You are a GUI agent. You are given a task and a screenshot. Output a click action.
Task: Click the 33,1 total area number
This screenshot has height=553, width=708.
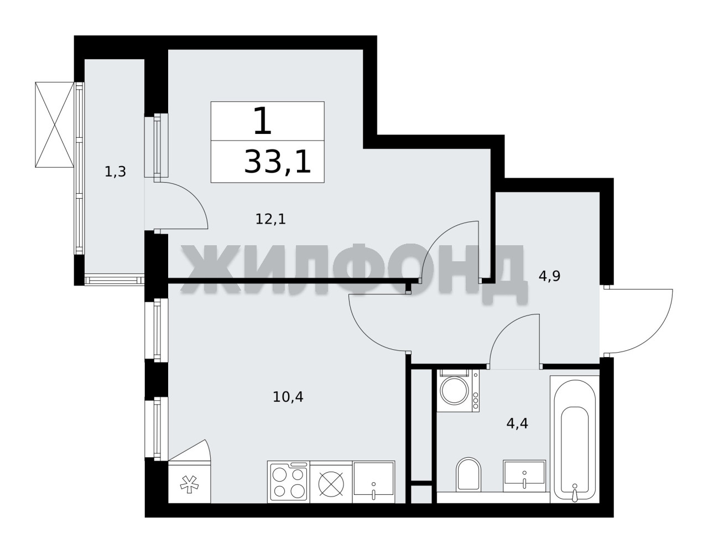(278, 162)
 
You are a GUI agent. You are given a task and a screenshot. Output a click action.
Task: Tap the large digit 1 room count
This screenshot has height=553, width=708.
(263, 121)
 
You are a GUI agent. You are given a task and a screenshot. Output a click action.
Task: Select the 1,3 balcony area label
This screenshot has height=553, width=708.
(115, 172)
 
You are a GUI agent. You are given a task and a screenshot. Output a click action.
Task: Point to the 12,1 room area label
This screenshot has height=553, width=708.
(270, 219)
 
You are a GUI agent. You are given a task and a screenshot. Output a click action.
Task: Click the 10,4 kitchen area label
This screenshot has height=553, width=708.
(288, 397)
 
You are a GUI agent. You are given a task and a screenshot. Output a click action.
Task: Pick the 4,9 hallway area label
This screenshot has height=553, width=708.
(549, 276)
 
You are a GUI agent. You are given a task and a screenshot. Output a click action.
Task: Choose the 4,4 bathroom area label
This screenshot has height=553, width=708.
(517, 424)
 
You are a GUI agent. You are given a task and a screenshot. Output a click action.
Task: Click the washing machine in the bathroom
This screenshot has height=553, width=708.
(458, 391)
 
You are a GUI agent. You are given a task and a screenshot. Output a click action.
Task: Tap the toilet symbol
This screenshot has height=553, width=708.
(468, 475)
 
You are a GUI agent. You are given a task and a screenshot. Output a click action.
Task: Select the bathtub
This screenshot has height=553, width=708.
(575, 439)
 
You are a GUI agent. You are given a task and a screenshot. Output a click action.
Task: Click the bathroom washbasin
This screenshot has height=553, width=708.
(524, 476)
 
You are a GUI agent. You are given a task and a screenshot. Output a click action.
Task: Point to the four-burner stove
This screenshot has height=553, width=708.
(288, 482)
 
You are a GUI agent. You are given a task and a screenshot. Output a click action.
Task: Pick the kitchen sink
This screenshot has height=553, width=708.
(374, 482)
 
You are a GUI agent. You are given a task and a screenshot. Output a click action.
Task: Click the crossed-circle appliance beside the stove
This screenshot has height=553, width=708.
(331, 484)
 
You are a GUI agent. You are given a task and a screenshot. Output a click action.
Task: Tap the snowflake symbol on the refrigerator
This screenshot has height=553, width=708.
(189, 485)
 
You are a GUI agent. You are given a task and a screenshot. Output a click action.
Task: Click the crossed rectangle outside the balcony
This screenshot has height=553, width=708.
(55, 125)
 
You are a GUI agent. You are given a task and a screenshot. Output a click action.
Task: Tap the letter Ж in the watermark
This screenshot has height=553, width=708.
(212, 270)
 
